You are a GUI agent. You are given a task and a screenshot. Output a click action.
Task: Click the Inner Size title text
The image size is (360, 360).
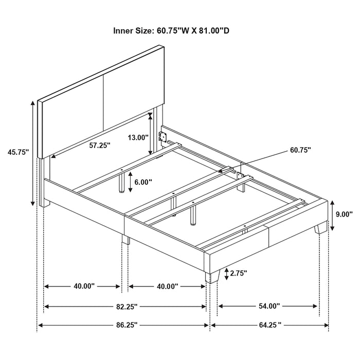171,31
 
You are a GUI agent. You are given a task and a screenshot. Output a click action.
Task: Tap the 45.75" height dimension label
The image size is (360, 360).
18,152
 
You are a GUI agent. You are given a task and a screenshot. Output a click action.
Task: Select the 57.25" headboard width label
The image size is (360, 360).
99,146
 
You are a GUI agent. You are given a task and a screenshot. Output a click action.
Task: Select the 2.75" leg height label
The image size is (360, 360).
239,273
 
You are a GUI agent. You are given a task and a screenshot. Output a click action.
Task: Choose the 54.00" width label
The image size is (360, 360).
268,307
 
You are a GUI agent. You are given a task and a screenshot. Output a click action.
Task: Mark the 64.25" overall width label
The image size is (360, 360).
270,325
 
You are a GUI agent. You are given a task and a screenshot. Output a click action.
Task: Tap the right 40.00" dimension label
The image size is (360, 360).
167,286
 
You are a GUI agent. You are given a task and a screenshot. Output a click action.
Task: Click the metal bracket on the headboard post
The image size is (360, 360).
164,137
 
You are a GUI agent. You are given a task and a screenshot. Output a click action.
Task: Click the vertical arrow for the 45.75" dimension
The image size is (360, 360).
34,152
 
